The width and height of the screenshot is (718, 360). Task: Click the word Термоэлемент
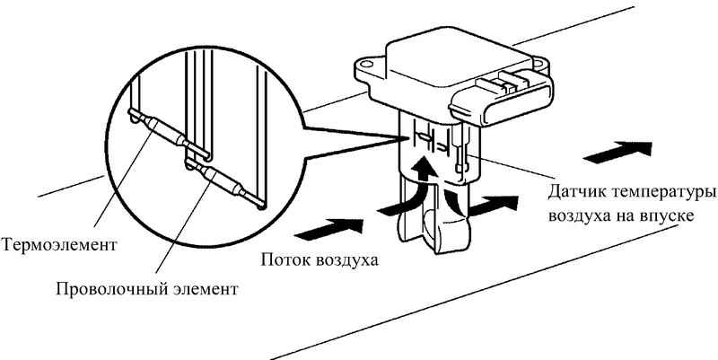point(58,244)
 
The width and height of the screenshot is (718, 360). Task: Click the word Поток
point(286,260)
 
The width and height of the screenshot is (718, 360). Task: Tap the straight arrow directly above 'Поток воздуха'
point(328,228)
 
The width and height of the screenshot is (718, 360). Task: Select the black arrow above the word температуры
point(617,152)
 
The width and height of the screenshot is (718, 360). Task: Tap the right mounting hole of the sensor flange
point(537,61)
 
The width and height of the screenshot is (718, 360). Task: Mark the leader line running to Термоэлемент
point(122,178)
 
